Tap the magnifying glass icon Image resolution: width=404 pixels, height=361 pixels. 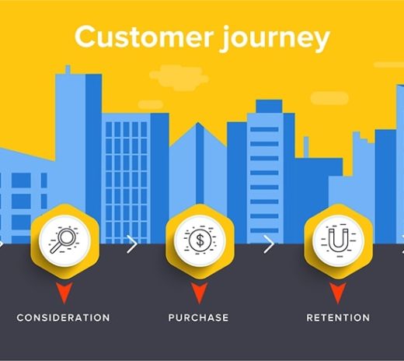tap(62, 237)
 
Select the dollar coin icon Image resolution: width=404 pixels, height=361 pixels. tap(199, 237)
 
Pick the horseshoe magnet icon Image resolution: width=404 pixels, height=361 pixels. tap(337, 237)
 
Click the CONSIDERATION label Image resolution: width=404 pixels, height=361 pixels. tap(63, 317)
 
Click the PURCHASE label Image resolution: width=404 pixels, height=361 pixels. tap(199, 317)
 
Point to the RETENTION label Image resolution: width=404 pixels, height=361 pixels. tap(338, 317)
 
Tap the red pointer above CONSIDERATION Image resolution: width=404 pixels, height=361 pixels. tap(63, 293)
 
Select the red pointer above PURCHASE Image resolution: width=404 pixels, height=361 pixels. tap(199, 293)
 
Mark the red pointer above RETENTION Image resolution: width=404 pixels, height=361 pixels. tap(337, 293)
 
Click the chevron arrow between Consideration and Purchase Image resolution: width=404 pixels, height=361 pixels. tap(131, 244)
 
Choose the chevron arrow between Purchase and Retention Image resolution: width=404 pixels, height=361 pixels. tap(269, 244)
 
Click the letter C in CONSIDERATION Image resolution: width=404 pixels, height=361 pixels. tap(20, 317)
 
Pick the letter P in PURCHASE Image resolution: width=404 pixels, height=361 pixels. tap(172, 317)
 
